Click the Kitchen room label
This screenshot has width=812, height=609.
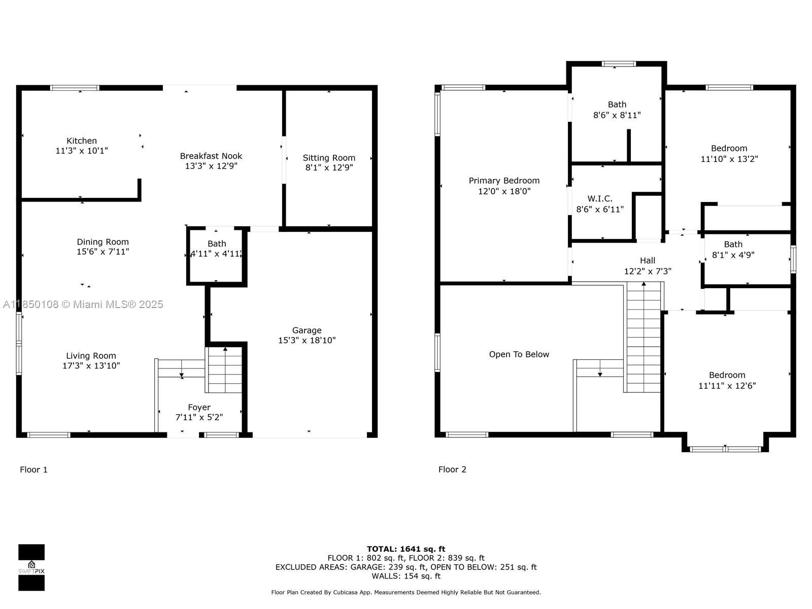[x=81, y=141]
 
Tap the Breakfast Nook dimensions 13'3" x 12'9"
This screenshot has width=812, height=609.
[x=211, y=166]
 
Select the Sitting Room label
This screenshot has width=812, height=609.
[x=329, y=158]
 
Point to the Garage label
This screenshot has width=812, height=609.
[x=307, y=330]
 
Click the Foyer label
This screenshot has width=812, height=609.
[x=199, y=408]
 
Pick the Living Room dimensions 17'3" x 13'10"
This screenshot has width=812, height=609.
[x=91, y=366]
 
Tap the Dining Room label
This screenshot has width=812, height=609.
[x=103, y=242]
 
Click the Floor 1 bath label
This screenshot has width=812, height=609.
[x=217, y=244]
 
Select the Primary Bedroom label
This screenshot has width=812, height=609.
[x=504, y=181]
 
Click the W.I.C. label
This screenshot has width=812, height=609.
[x=600, y=198]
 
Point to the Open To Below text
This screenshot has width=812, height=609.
[x=519, y=354]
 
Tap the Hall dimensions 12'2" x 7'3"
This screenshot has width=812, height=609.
[x=648, y=272]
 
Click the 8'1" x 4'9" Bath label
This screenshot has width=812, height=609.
[x=733, y=245]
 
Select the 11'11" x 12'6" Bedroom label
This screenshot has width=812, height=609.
[x=727, y=376]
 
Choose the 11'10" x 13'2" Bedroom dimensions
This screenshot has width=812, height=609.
[x=729, y=159]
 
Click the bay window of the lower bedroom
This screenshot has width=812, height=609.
[x=725, y=449]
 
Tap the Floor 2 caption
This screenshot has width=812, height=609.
[x=452, y=469]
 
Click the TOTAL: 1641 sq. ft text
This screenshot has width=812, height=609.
[x=406, y=549]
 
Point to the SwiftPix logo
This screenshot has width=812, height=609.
[x=31, y=567]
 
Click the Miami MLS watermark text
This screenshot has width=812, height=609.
[x=83, y=304]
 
